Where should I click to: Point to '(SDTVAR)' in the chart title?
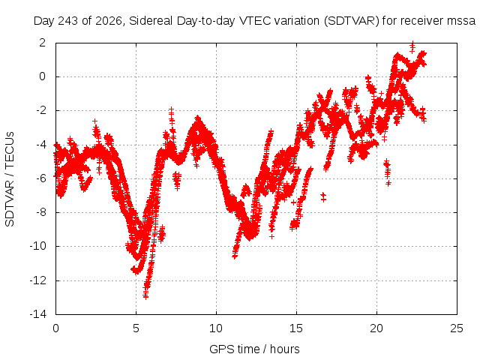click(352, 21)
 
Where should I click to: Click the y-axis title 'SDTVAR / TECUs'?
click(10, 179)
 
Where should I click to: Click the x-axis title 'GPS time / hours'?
click(254, 349)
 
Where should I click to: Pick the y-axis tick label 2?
click(42, 43)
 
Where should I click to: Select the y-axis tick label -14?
click(38, 314)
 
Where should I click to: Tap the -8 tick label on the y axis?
click(40, 212)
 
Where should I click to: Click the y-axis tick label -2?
click(40, 110)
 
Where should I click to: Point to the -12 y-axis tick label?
click(38, 280)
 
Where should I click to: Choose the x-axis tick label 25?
click(457, 328)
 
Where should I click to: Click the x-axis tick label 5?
click(136, 328)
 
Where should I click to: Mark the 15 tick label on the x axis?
click(296, 328)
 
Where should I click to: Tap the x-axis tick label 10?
click(216, 328)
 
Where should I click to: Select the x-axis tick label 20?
click(376, 328)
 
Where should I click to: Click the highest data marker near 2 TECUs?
click(412, 43)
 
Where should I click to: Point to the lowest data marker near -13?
click(145, 296)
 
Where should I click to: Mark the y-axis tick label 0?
click(42, 76)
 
